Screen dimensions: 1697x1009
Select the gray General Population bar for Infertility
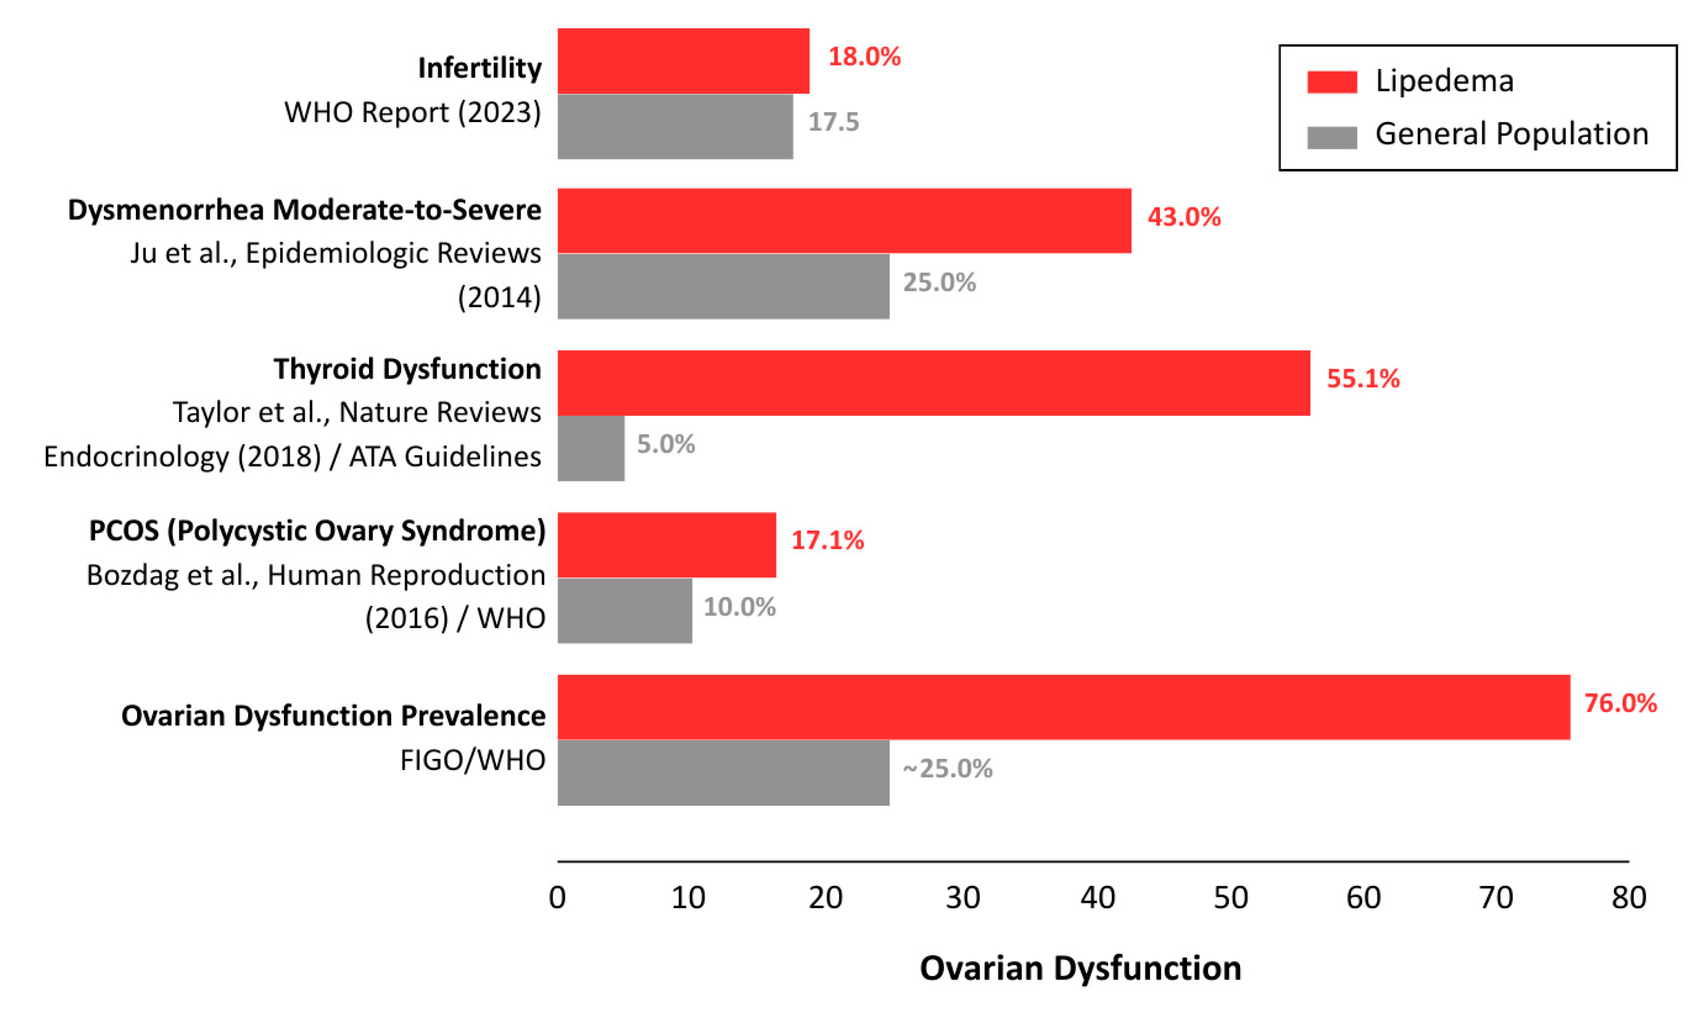(x=675, y=126)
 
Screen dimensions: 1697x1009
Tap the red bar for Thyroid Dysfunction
(x=933, y=383)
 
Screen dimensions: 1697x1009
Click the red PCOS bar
(x=667, y=545)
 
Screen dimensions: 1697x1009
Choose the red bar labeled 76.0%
(x=1064, y=707)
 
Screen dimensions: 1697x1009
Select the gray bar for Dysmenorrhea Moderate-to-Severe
(x=723, y=286)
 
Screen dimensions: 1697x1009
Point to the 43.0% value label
(x=1184, y=217)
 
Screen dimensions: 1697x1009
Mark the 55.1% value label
(x=1363, y=378)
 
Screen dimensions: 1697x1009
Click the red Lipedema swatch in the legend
(x=1332, y=82)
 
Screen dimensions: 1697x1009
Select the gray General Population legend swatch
(x=1332, y=137)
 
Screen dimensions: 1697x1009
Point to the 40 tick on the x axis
(x=1097, y=898)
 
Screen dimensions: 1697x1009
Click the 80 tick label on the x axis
(x=1628, y=898)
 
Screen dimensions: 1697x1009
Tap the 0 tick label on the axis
(x=557, y=898)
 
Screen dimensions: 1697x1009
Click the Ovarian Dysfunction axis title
(x=1080, y=968)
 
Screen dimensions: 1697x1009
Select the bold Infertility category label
(x=480, y=68)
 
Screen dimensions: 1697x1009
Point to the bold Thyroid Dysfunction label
(x=407, y=369)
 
